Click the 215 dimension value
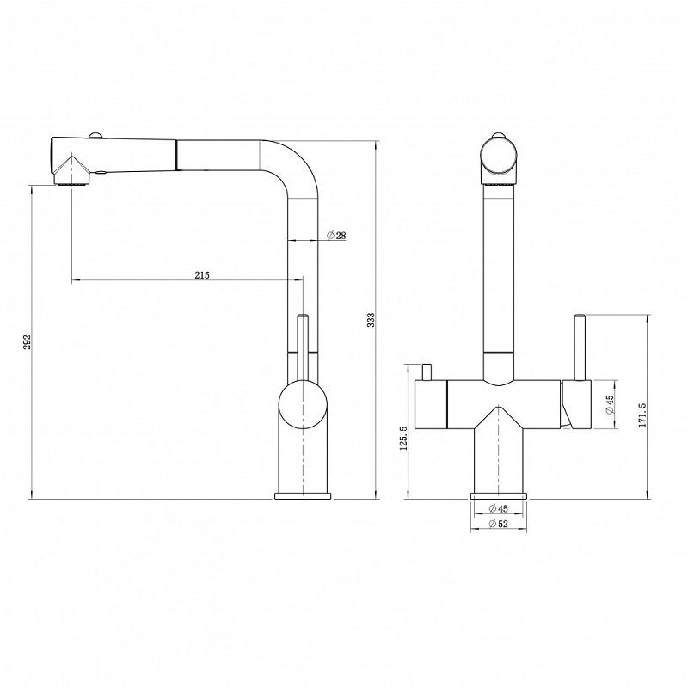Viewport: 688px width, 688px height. tap(202, 275)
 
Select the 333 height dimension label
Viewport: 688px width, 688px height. tap(371, 320)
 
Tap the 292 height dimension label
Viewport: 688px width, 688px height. tap(27, 341)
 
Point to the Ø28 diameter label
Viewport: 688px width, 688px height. tap(336, 236)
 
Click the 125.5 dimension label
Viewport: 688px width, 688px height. tap(403, 438)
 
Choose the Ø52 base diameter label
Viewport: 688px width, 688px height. tap(498, 524)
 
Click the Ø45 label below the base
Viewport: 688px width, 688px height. tap(498, 509)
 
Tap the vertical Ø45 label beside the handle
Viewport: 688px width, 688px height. tap(609, 404)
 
